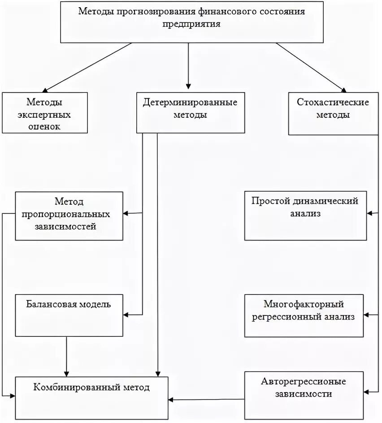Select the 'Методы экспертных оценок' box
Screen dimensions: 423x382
coord(44,112)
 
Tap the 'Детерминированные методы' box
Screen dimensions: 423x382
coord(190,112)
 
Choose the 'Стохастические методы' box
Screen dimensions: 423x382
coord(333,113)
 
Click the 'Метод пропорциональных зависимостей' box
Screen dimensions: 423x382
coord(69,216)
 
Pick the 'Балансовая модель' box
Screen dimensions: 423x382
coord(69,315)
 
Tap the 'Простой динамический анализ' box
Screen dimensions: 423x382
coord(304,216)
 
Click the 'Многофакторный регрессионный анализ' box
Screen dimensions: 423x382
coord(304,315)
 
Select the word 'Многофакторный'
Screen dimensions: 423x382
coord(304,305)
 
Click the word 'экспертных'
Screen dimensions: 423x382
coord(44,115)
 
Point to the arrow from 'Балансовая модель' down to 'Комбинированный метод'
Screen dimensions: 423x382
coord(66,356)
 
